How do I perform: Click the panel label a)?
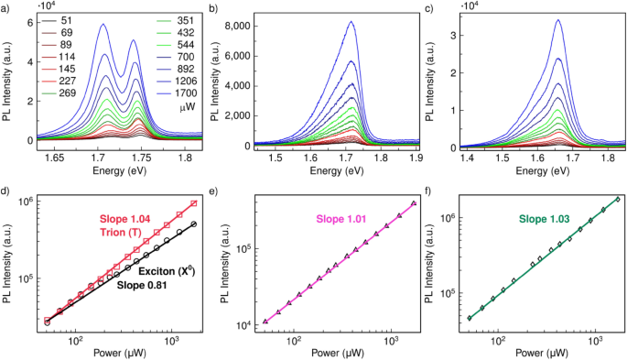click(x=6, y=7)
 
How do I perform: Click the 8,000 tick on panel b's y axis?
click(x=250, y=27)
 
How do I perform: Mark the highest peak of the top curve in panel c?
click(x=557, y=20)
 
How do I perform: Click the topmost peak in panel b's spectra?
click(x=350, y=22)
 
